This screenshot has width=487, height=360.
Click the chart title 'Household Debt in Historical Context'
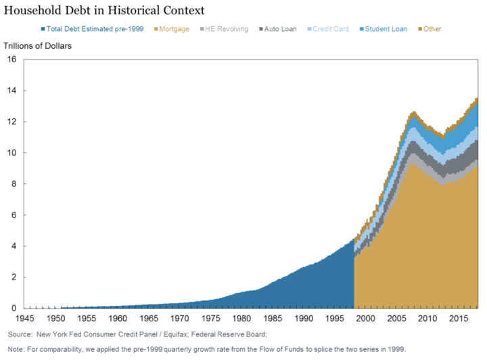click(x=104, y=11)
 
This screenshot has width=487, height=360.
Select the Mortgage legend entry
click(x=172, y=29)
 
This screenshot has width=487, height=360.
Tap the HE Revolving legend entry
click(x=225, y=29)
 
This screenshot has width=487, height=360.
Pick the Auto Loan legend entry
click(x=278, y=29)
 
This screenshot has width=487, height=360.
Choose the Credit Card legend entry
click(x=328, y=29)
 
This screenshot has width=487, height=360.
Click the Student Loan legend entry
click(x=384, y=29)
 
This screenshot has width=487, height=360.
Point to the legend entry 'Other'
click(x=430, y=29)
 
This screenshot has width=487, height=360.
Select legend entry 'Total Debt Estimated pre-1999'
click(x=92, y=29)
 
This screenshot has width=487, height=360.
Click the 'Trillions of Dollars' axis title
click(x=38, y=46)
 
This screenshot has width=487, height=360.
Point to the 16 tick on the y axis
click(x=11, y=60)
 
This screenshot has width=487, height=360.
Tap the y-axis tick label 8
click(x=14, y=184)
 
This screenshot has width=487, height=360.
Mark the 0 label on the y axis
click(x=14, y=308)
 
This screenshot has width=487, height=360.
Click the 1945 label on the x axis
click(x=25, y=318)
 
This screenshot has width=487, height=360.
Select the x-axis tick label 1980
click(x=242, y=318)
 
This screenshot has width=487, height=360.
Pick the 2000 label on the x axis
click(x=365, y=318)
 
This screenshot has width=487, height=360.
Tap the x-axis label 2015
click(x=459, y=318)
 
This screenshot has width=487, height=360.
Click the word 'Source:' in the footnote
click(x=20, y=334)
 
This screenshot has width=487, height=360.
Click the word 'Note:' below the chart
click(x=16, y=349)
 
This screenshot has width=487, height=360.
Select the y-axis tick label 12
click(x=11, y=122)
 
